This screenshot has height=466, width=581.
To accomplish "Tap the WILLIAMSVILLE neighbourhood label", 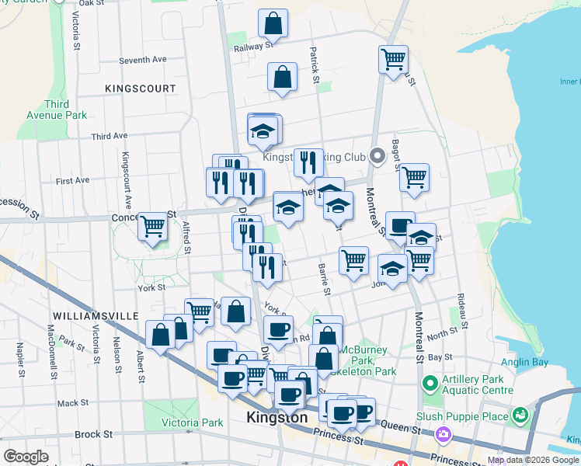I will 96,316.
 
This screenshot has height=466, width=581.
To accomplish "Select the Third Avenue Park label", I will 66,110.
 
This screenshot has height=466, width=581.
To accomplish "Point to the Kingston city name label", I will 277,417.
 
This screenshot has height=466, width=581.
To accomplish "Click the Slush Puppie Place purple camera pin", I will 444,434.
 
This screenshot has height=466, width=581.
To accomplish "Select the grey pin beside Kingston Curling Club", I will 378,157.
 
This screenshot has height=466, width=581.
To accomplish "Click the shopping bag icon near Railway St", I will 273,24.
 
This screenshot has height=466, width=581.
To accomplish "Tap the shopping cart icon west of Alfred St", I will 153,227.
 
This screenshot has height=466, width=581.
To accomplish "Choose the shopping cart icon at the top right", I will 393,59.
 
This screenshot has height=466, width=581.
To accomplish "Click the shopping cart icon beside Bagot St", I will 414,176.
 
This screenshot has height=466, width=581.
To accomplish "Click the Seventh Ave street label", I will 143,60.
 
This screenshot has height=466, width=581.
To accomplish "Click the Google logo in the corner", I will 26,457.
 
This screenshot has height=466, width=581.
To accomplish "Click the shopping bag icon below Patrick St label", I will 282,77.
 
